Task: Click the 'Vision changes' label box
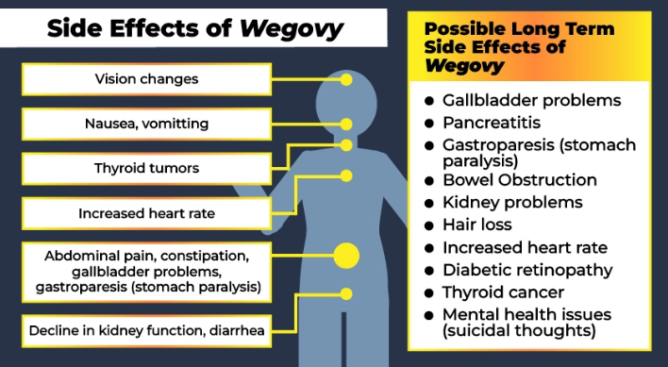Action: pyautogui.click(x=146, y=79)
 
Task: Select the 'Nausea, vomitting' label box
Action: pyautogui.click(x=146, y=124)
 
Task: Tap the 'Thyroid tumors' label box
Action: pyautogui.click(x=146, y=169)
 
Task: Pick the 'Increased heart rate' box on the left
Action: pyautogui.click(x=146, y=213)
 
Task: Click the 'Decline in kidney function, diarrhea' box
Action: pyautogui.click(x=146, y=331)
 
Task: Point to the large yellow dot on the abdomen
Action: pyautogui.click(x=346, y=256)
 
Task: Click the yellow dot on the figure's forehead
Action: pyautogui.click(x=346, y=79)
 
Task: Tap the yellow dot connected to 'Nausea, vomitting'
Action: pyautogui.click(x=346, y=125)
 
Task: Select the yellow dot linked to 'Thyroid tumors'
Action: pyautogui.click(x=346, y=145)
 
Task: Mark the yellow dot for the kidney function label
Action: pyautogui.click(x=346, y=293)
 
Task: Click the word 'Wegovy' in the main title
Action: pyautogui.click(x=292, y=29)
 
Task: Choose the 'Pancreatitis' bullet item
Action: pyautogui.click(x=492, y=123)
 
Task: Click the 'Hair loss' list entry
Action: pyautogui.click(x=477, y=225)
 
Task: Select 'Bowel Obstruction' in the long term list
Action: pyautogui.click(x=520, y=179)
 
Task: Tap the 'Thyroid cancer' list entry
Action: pyautogui.click(x=503, y=292)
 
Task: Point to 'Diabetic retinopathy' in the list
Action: pyautogui.click(x=527, y=270)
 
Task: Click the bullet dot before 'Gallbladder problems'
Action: pyautogui.click(x=429, y=101)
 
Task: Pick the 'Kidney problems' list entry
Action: pyautogui.click(x=512, y=202)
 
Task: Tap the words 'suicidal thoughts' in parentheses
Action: pyautogui.click(x=519, y=331)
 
